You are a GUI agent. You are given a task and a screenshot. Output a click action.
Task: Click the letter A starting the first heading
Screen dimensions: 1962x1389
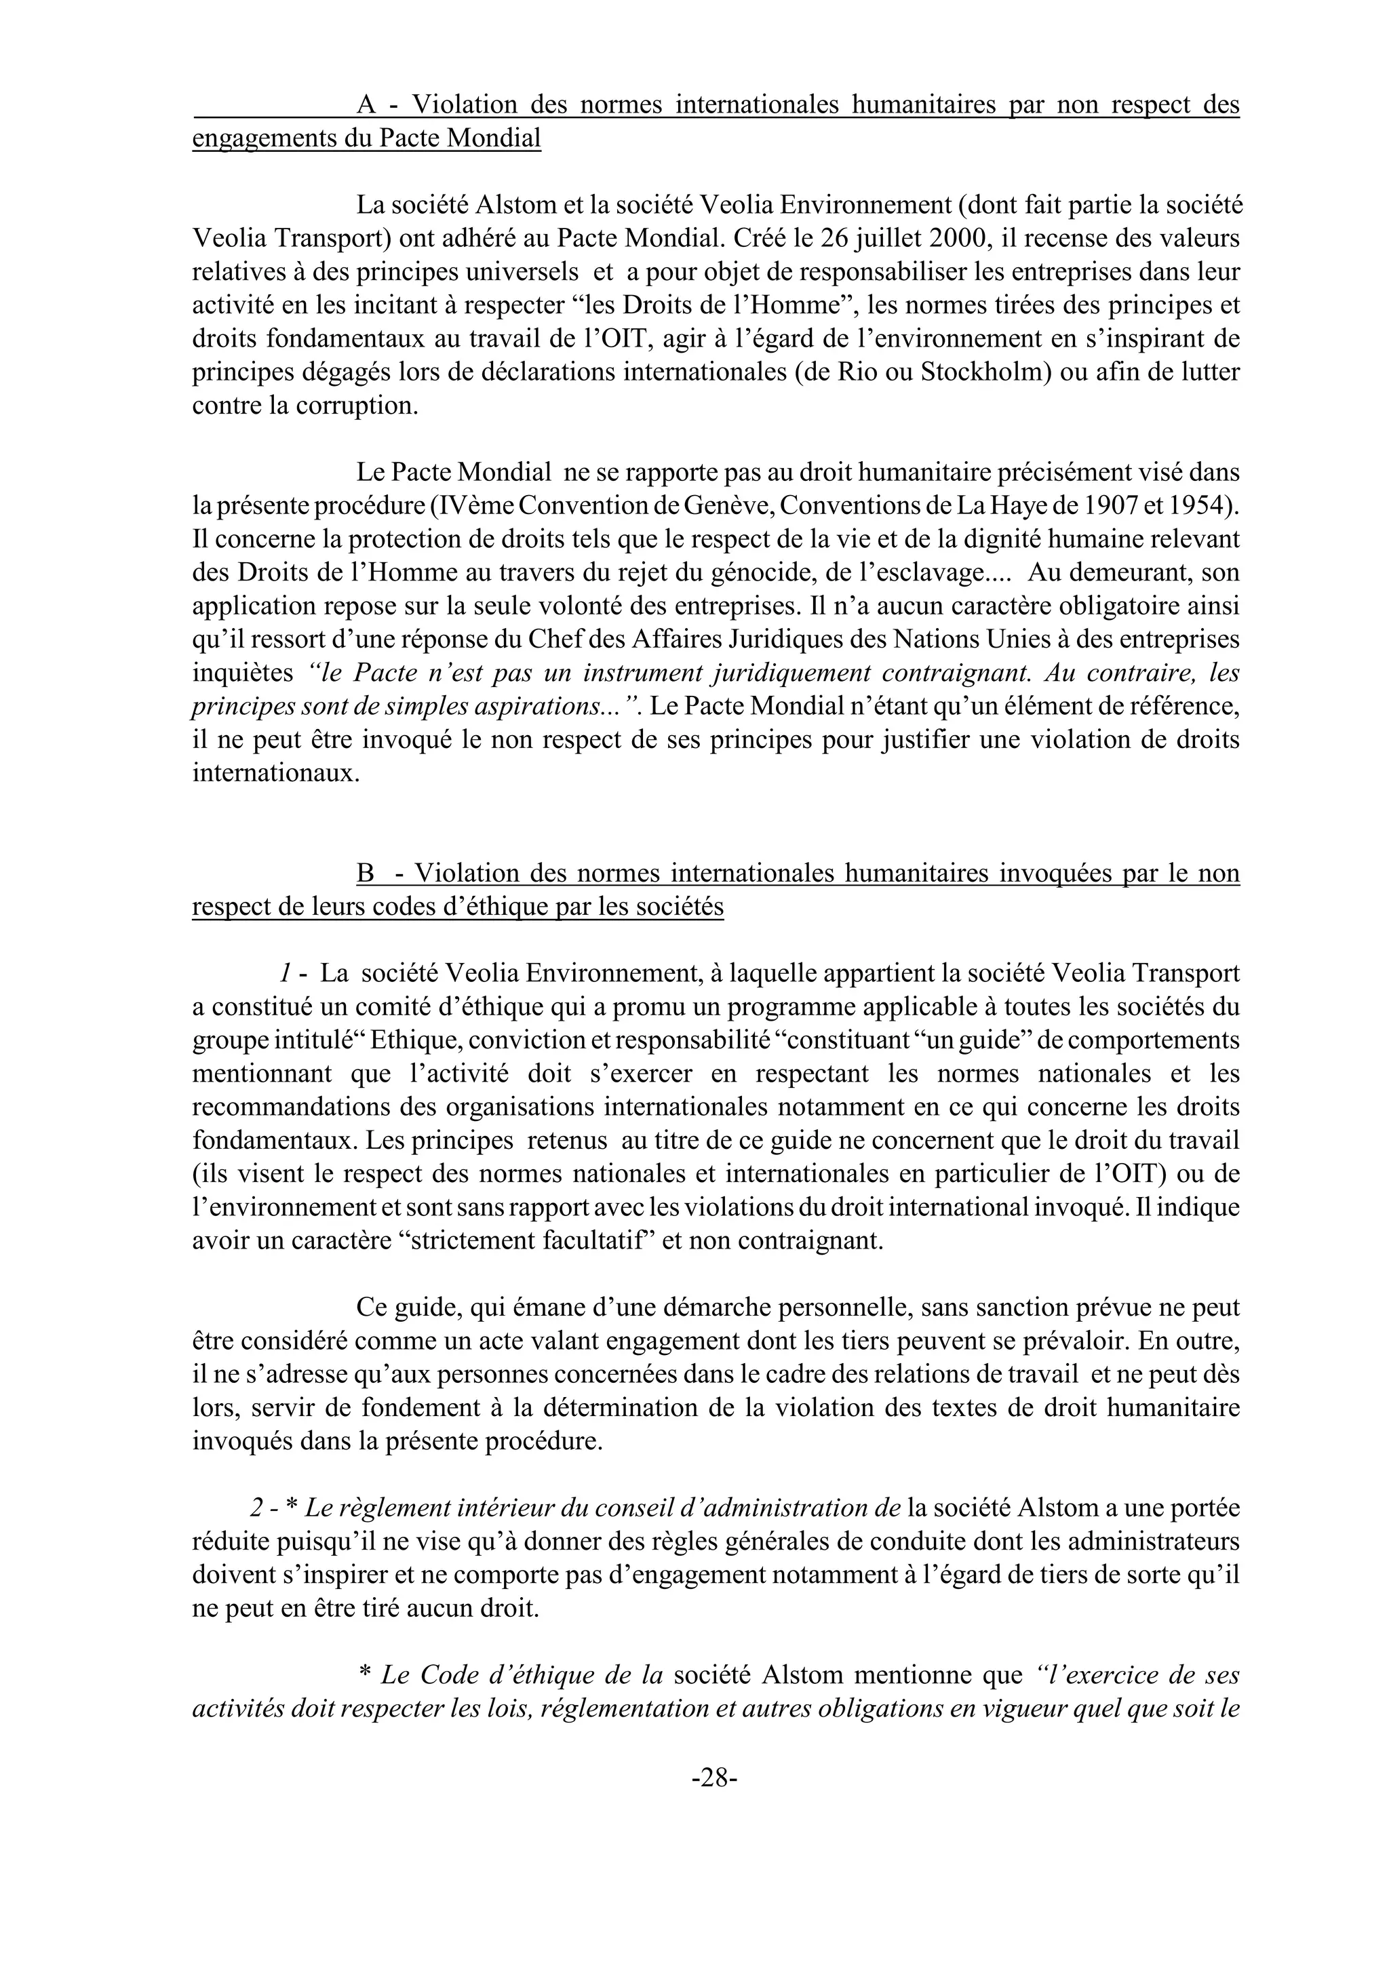tap(366, 105)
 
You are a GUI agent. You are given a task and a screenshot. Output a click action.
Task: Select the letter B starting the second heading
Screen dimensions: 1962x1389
tap(366, 874)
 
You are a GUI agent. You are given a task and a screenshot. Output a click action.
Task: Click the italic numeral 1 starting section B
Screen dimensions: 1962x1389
tap(282, 973)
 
